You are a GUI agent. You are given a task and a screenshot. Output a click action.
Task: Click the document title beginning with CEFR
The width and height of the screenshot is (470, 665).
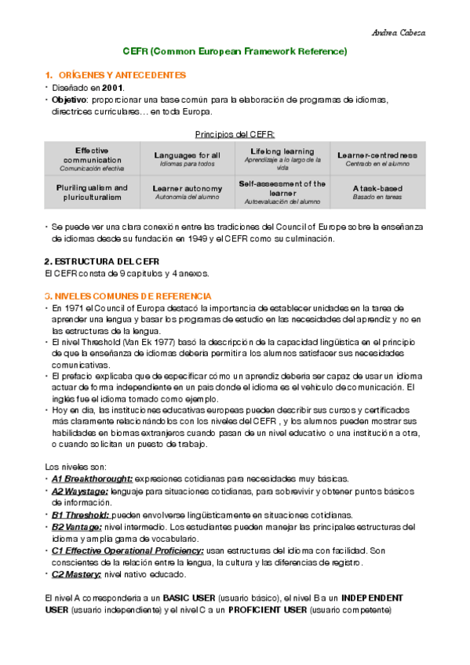[235, 52]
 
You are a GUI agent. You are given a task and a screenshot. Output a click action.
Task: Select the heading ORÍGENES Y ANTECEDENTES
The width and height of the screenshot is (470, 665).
[120, 75]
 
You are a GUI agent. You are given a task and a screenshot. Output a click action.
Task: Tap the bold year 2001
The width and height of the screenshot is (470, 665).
[112, 88]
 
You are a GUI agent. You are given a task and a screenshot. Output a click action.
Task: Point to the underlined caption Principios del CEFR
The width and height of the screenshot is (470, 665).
[235, 135]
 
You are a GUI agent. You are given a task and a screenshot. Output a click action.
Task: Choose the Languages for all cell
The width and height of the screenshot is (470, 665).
[187, 158]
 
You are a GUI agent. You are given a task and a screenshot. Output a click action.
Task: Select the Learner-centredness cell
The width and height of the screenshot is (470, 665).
[377, 158]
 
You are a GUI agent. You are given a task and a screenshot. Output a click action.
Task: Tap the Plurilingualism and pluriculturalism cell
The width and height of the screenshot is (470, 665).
[92, 192]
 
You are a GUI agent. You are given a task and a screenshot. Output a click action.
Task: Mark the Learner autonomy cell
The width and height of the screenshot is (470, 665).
[187, 192]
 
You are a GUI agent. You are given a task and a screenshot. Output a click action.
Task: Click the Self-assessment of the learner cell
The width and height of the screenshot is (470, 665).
[282, 192]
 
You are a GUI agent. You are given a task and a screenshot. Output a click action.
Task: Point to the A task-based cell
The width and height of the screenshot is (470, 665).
[377, 192]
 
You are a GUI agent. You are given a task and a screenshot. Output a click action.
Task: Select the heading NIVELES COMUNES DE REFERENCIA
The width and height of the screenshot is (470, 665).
[127, 296]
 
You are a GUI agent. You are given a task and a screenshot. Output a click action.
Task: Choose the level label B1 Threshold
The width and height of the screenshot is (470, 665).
[81, 515]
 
